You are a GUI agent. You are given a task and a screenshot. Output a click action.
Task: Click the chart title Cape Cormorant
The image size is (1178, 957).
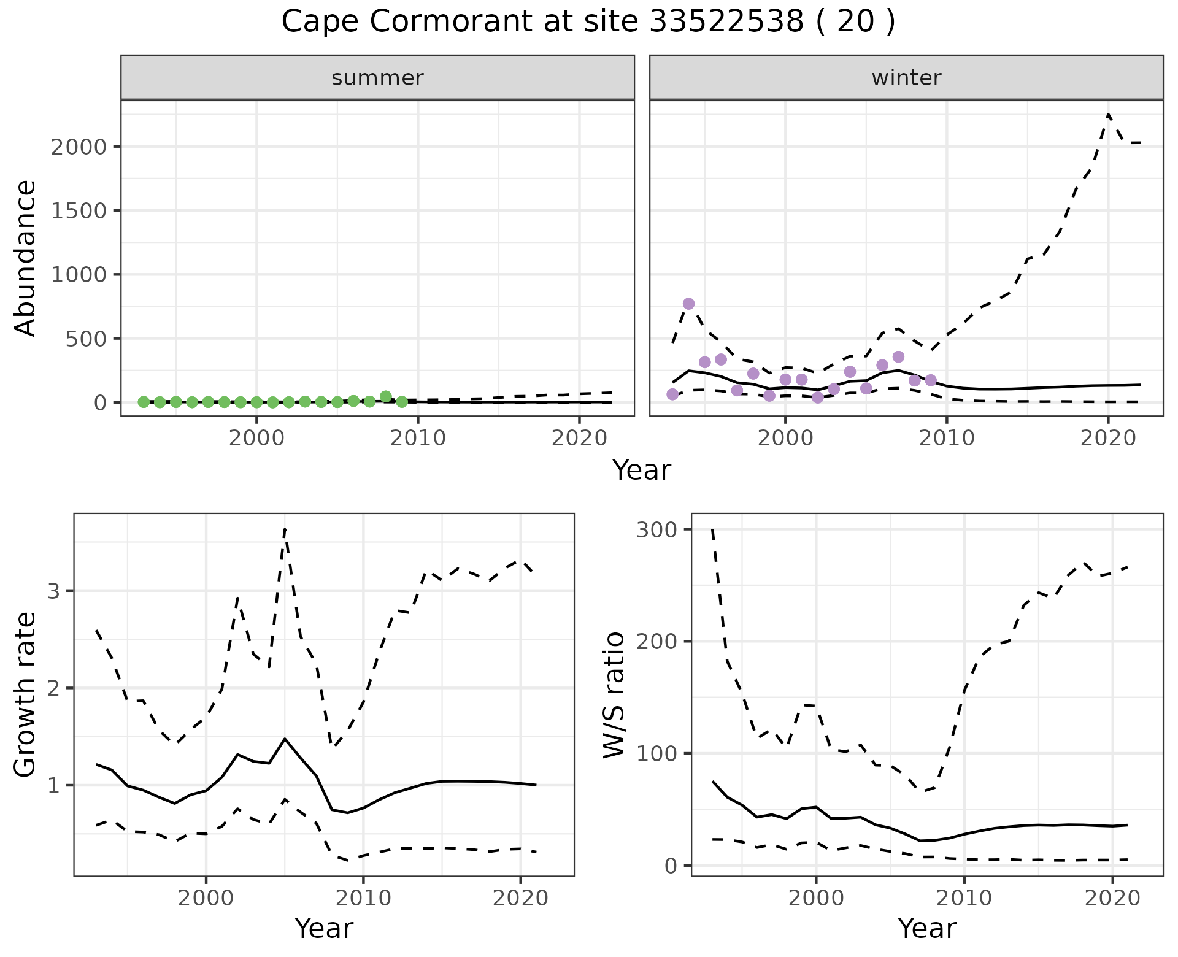588,22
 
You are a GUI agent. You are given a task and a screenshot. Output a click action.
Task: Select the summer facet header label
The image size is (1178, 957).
377,78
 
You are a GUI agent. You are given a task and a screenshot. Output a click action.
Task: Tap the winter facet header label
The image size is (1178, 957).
906,78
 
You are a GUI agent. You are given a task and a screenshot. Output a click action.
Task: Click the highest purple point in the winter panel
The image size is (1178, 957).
688,304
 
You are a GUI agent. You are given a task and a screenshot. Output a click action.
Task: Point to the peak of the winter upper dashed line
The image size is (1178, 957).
1108,115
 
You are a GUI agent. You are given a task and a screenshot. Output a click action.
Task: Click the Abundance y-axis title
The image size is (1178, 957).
26,258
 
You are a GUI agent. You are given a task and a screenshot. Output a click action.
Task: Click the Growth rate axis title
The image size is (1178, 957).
26,695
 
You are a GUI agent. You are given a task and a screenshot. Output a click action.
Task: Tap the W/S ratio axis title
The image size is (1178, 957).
614,695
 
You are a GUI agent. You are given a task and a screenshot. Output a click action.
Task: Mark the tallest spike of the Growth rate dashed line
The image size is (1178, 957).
285,529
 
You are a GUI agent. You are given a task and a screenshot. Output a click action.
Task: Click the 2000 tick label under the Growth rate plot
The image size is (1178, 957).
206,899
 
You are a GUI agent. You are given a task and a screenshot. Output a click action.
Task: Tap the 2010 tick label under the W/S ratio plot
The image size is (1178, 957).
964,899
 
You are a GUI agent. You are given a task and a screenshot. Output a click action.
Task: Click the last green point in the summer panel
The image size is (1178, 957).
402,402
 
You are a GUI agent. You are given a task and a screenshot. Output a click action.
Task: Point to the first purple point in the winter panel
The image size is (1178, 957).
672,394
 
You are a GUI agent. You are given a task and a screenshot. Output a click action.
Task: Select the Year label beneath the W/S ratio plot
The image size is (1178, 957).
926,929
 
